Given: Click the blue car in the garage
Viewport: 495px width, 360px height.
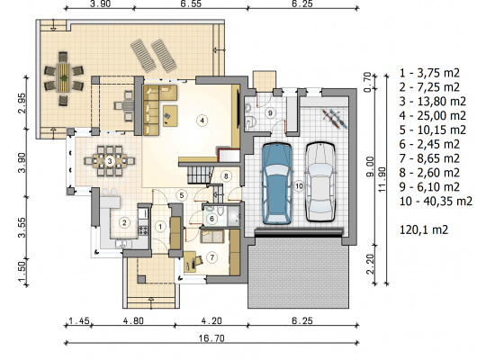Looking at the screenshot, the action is [x=276, y=184].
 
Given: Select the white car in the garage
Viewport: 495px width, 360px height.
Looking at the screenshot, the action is [x=319, y=182].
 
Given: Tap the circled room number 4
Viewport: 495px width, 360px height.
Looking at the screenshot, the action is [x=202, y=120].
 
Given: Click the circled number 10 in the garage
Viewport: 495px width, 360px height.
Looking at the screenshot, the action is [x=299, y=186].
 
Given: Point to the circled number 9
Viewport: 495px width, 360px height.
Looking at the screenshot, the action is [x=270, y=112].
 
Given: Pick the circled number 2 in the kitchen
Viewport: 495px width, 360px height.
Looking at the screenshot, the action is [x=124, y=222].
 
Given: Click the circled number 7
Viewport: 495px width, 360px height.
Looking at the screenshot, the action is [x=211, y=257].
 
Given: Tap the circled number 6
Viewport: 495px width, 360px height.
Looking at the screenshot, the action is [x=211, y=218].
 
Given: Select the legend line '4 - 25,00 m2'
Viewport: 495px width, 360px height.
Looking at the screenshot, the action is [x=433, y=115].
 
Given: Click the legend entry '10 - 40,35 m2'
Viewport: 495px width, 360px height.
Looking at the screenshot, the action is [x=436, y=202].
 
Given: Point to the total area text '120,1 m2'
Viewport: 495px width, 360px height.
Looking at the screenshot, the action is [x=424, y=229].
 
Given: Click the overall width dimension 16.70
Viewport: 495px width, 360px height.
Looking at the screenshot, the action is [x=211, y=338].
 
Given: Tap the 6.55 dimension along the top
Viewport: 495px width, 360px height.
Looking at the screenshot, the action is [x=191, y=4].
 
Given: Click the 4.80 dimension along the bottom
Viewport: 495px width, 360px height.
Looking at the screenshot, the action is [x=133, y=320].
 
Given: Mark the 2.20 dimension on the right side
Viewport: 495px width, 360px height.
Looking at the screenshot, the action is [x=370, y=264].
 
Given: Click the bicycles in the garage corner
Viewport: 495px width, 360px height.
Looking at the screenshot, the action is [x=335, y=119].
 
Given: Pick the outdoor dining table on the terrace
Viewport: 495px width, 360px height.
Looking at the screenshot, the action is [x=64, y=77].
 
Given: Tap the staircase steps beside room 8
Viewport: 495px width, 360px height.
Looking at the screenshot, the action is [x=200, y=175].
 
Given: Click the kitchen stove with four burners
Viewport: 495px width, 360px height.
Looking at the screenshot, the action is [x=143, y=230].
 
